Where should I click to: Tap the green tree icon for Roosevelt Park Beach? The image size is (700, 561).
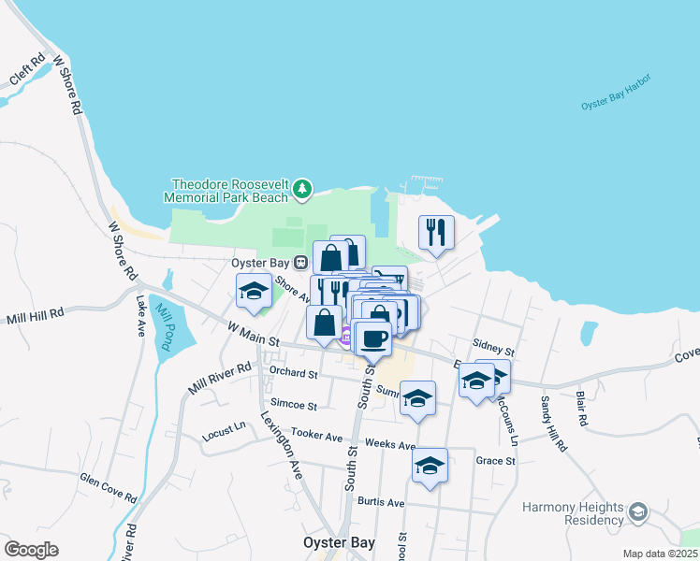(302, 190)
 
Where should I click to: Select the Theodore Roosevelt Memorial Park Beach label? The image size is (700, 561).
(226, 191)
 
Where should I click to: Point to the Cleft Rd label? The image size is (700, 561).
(27, 72)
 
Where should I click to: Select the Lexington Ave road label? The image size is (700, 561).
(282, 445)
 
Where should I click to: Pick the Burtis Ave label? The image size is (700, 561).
(381, 502)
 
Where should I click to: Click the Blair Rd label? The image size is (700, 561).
(582, 409)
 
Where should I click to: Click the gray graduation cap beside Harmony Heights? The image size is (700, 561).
(638, 511)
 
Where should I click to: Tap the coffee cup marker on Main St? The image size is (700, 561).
(373, 338)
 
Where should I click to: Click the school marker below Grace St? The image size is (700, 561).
(430, 466)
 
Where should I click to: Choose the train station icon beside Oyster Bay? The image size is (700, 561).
(300, 264)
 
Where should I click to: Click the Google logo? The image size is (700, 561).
(32, 550)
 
